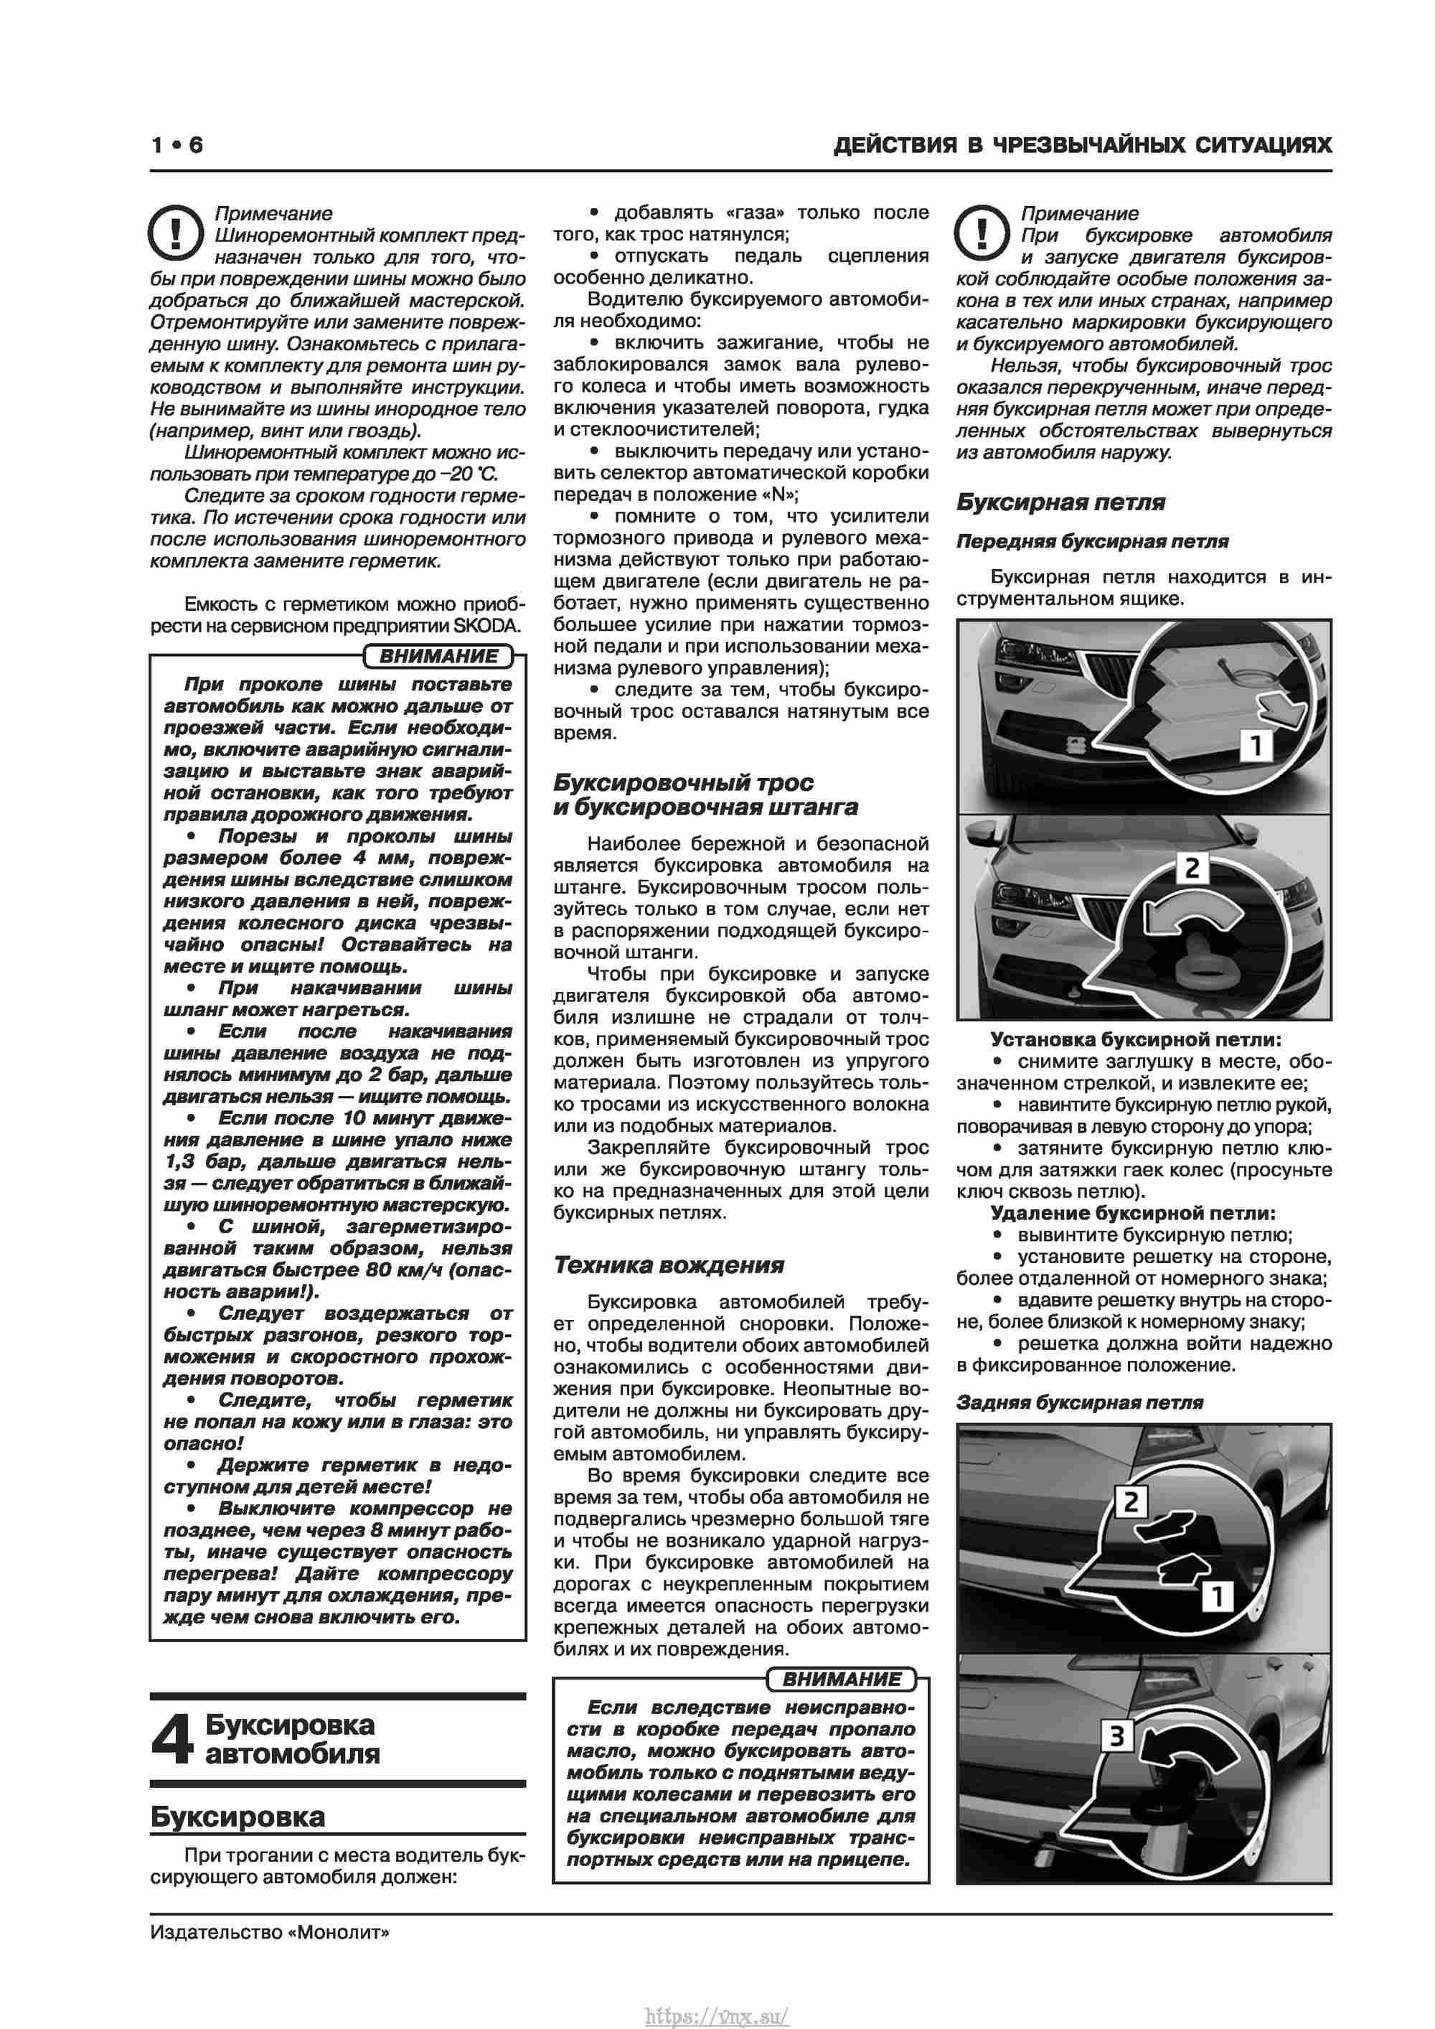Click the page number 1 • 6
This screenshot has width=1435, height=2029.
point(177,145)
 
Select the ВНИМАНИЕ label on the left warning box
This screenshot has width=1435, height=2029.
point(438,656)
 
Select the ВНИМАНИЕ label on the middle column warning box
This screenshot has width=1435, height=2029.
point(841,1679)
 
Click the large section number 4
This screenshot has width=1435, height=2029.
point(171,1738)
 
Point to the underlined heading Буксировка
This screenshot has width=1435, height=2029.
point(237,1817)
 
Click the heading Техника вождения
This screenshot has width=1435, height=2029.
point(668,1265)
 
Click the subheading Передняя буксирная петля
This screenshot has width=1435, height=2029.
point(1092,541)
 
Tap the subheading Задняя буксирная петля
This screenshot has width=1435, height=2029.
point(1079,1402)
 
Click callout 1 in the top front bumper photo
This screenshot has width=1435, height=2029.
point(1255,744)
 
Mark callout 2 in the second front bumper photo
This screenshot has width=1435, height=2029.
point(1191,868)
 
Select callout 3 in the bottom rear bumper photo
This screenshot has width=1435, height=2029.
point(1116,1735)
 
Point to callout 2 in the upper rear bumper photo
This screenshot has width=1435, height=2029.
point(1131,1501)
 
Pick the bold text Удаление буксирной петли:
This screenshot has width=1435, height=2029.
point(1133,1214)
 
